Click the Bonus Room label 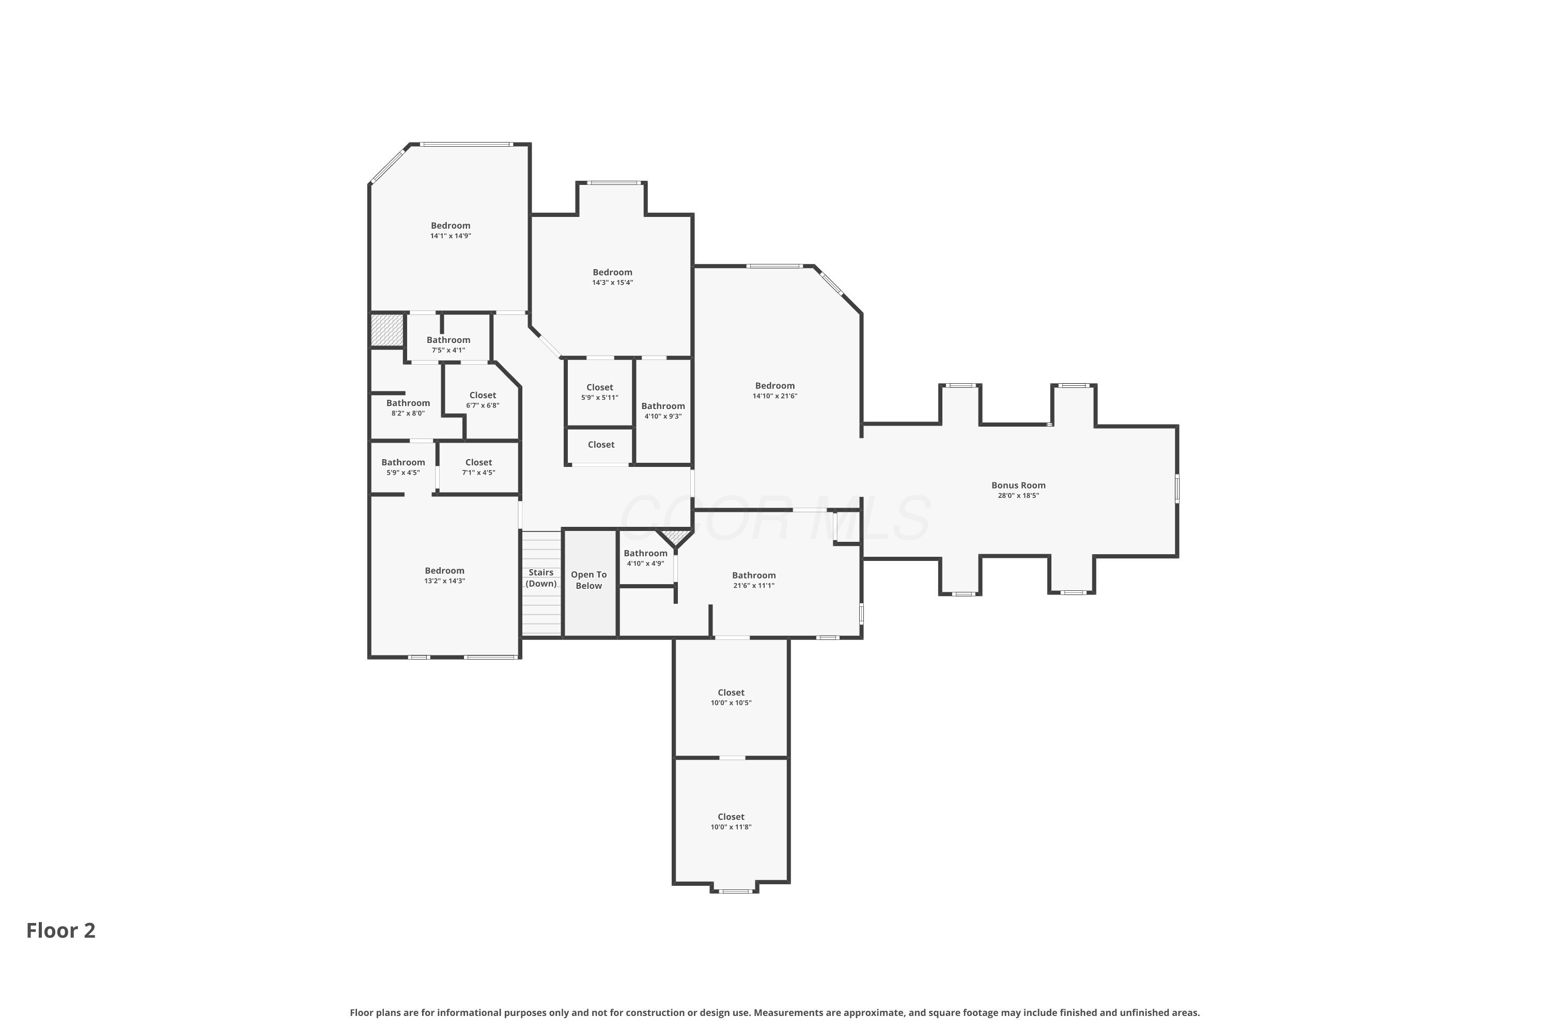tap(1018, 486)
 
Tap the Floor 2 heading tap(60, 930)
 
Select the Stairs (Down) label tap(541, 578)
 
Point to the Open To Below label tap(588, 580)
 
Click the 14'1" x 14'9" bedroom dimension tap(451, 236)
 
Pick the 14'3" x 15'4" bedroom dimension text tap(612, 283)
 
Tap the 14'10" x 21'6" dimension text tap(775, 396)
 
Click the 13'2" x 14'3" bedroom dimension tap(445, 581)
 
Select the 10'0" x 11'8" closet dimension tap(731, 827)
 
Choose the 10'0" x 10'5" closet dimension tap(731, 702)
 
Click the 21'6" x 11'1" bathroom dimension tap(754, 585)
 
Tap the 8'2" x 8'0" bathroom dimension tap(408, 413)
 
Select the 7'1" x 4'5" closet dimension tap(478, 473)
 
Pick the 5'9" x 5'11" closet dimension tap(600, 397)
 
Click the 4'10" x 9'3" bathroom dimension tap(663, 416)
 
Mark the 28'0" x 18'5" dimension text tap(1018, 495)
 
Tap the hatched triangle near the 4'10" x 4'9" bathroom tap(675, 537)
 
